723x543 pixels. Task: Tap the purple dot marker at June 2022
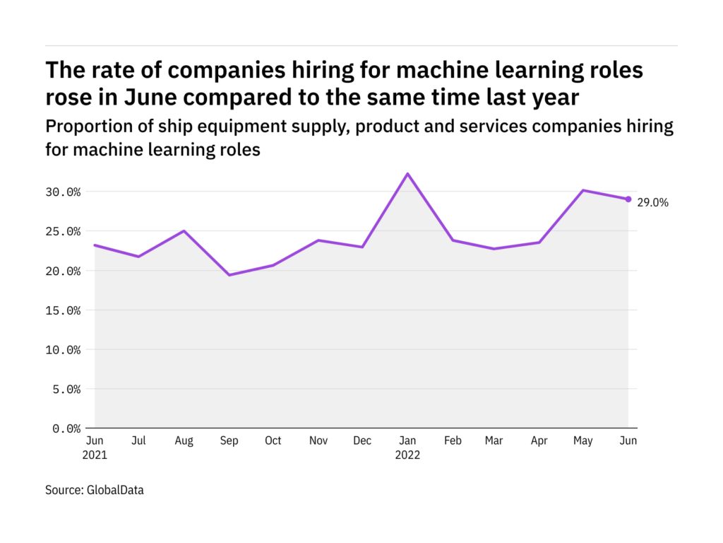pyautogui.click(x=628, y=199)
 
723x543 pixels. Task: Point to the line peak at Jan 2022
pyautogui.click(x=407, y=174)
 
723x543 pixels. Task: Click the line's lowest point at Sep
pyautogui.click(x=229, y=275)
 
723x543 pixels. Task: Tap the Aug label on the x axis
pyautogui.click(x=184, y=440)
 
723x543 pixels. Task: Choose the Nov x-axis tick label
pyautogui.click(x=318, y=440)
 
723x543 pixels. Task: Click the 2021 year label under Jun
pyautogui.click(x=95, y=455)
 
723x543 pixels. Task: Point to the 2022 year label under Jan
pyautogui.click(x=407, y=455)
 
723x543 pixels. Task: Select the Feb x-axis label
pyautogui.click(x=452, y=440)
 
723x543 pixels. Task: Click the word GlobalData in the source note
pyautogui.click(x=115, y=489)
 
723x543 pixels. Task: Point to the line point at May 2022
pyautogui.click(x=584, y=190)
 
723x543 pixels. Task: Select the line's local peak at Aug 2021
pyautogui.click(x=184, y=231)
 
